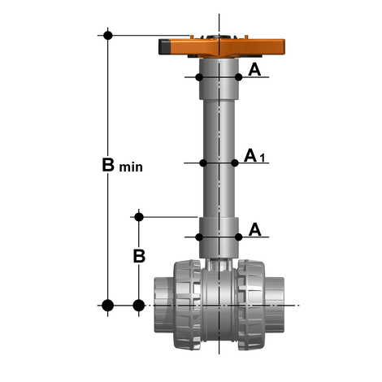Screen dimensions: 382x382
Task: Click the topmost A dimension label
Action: click(255, 70)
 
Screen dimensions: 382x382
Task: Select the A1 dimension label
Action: click(255, 155)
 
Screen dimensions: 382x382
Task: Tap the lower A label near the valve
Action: click(255, 230)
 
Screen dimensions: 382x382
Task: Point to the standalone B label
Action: click(139, 255)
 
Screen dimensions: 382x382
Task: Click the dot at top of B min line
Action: click(107, 35)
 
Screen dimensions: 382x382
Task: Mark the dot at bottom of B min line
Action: click(107, 306)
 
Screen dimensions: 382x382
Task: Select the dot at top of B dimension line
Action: click(139, 216)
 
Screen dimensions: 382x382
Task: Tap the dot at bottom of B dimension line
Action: click(139, 306)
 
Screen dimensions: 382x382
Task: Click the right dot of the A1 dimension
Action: click(236, 163)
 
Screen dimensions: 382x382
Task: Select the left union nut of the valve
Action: click(187, 306)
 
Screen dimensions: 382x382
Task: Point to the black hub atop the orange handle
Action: click(219, 36)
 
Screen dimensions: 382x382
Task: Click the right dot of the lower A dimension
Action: click(239, 237)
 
